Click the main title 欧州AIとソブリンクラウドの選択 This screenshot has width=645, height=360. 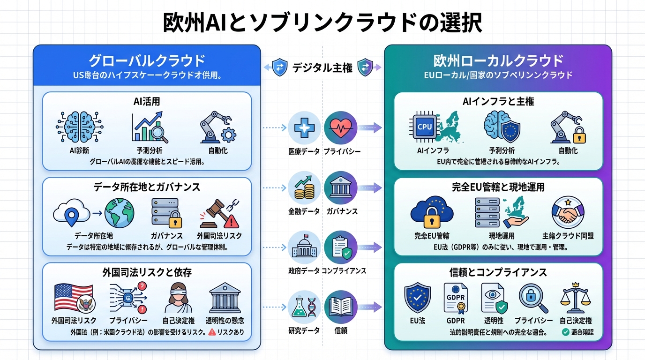pyautogui.click(x=322, y=22)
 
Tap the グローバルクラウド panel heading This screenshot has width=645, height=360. pyautogui.click(x=147, y=61)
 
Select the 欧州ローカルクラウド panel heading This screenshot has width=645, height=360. pyautogui.click(x=498, y=61)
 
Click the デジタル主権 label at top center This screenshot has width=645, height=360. pyautogui.click(x=322, y=67)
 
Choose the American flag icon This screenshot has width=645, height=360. pyautogui.click(x=73, y=298)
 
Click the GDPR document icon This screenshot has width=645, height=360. pyautogui.click(x=456, y=298)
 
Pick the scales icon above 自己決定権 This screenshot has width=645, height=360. pyautogui.click(x=575, y=298)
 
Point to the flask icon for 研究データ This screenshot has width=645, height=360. pyautogui.click(x=304, y=307)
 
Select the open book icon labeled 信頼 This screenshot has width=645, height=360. pyautogui.click(x=340, y=307)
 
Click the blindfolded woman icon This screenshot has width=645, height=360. pyautogui.click(x=178, y=298)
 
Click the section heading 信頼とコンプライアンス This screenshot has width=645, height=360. pyautogui.click(x=498, y=272)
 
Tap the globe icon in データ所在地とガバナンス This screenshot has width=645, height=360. pyautogui.click(x=120, y=213)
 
